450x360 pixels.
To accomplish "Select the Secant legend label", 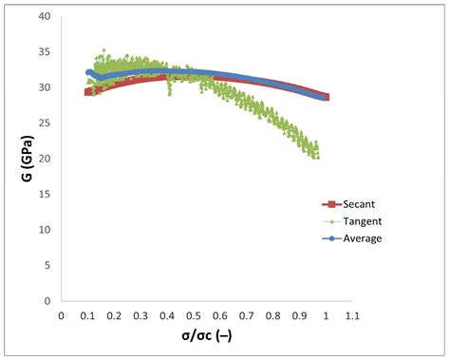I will coord(357,203).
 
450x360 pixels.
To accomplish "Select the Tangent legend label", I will coord(360,220).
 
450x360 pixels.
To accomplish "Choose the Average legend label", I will coord(361,237).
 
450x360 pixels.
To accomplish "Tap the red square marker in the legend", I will coord(329,203).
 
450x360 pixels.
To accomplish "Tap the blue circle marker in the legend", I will coord(329,237).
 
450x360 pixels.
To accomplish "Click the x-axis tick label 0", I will coord(62,315).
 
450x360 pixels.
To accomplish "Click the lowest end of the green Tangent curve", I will coord(316,156).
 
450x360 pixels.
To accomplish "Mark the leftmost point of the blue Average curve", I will coord(89,72).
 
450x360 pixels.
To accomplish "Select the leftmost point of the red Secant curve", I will coord(88,92).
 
